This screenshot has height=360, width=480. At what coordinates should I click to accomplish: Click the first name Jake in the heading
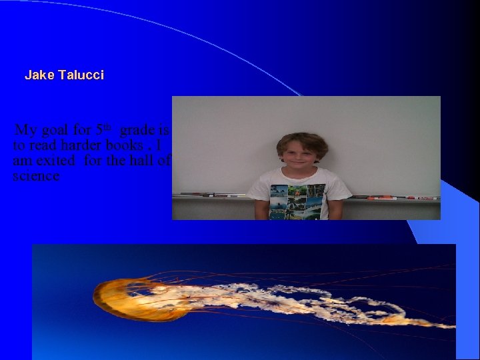[x=39, y=75]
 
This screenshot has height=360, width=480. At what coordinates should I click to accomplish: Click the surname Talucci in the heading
[x=81, y=75]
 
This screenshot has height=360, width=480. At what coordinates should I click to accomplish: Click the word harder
[x=83, y=145]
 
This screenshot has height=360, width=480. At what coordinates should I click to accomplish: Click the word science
[x=36, y=176]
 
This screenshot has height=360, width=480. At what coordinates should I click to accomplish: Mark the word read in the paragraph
[x=43, y=145]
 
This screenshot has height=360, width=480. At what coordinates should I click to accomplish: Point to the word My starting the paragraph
[x=25, y=130]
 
